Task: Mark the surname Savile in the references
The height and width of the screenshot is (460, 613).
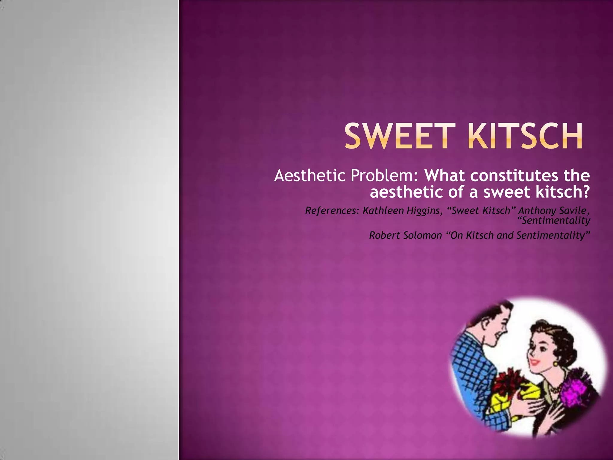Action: (573, 211)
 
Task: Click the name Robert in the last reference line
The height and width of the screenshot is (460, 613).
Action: (384, 235)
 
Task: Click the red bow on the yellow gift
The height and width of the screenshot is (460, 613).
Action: (509, 380)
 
